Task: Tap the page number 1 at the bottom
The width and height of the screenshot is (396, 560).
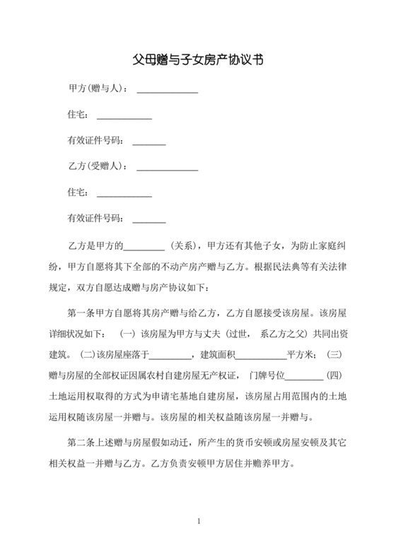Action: point(199,522)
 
